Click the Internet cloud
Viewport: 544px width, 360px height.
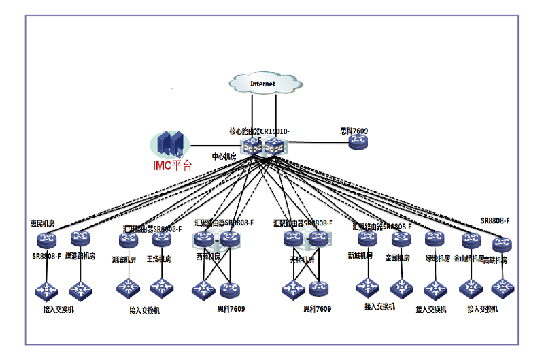click(x=263, y=84)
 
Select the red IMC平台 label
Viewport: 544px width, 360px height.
click(x=173, y=164)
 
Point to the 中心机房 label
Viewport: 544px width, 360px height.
click(x=224, y=157)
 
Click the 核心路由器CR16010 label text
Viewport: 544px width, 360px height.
click(x=260, y=131)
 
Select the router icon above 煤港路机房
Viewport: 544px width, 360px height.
click(x=80, y=239)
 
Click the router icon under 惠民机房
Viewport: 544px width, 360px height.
click(x=47, y=240)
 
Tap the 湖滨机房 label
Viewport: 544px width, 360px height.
click(x=124, y=259)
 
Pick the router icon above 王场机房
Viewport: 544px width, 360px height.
click(x=161, y=240)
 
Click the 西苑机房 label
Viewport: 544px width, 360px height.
click(x=208, y=257)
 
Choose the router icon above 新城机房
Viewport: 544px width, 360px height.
click(x=367, y=239)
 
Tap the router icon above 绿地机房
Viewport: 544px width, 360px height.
click(x=435, y=239)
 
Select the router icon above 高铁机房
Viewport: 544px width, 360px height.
click(x=503, y=244)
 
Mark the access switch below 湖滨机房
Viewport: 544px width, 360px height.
click(x=128, y=288)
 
